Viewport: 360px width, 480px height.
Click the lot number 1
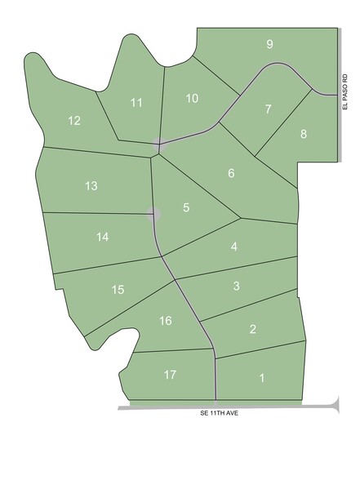click(x=262, y=378)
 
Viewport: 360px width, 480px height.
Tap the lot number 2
click(x=253, y=330)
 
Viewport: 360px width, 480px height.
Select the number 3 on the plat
click(x=237, y=286)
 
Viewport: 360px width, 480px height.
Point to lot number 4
click(x=234, y=247)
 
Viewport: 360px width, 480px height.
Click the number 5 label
click(x=186, y=208)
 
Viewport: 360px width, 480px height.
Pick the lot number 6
click(x=232, y=173)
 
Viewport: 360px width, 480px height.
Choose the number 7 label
click(x=268, y=109)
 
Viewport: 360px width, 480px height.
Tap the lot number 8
click(x=304, y=134)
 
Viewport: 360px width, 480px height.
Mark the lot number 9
click(x=269, y=44)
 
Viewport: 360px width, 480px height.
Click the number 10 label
click(x=192, y=99)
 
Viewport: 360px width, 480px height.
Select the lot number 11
click(x=136, y=102)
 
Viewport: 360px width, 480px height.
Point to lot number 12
click(x=74, y=121)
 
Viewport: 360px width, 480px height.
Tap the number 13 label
click(x=91, y=186)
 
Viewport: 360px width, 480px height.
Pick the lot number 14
click(x=102, y=237)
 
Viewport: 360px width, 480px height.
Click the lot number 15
click(x=118, y=290)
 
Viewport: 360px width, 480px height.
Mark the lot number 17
click(x=170, y=375)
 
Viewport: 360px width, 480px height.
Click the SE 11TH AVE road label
click(x=219, y=414)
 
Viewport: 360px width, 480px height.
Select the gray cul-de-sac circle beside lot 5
click(x=153, y=214)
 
